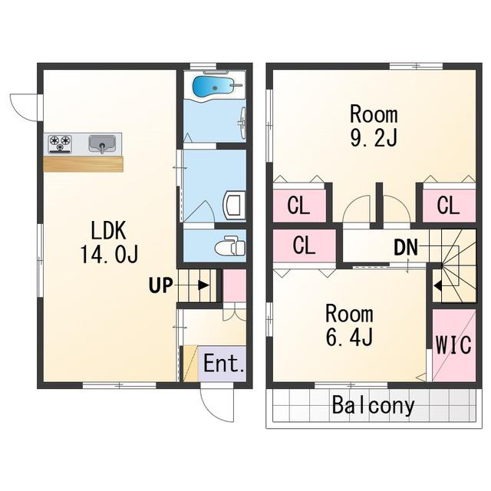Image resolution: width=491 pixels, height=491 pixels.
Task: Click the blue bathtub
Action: click(213, 86)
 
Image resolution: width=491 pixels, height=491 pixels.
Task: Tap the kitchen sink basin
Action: click(102, 143)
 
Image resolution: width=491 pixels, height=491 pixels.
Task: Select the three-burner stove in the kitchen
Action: click(60, 143)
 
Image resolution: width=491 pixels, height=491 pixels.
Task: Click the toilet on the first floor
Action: click(230, 245)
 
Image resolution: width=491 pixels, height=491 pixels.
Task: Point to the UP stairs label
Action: click(160, 285)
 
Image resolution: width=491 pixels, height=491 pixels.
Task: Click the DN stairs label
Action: click(406, 247)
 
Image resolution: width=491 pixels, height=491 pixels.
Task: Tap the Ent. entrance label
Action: click(223, 363)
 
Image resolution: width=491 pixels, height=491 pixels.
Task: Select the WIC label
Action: click(453, 344)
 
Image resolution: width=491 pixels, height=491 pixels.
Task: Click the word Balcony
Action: click(373, 405)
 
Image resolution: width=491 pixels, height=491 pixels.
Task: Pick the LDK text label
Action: click(108, 231)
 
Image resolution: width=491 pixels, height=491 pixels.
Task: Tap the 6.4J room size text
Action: click(349, 336)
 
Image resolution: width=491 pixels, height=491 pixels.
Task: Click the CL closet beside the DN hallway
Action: click(304, 245)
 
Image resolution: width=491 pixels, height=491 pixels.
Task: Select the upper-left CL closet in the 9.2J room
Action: click(299, 206)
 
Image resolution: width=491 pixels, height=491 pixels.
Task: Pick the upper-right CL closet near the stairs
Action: click(449, 206)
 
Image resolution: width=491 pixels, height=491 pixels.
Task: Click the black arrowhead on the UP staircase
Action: click(204, 285)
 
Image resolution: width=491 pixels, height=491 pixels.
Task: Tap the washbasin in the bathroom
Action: click(242, 123)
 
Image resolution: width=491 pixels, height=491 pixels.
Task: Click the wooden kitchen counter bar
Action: click(83, 164)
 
